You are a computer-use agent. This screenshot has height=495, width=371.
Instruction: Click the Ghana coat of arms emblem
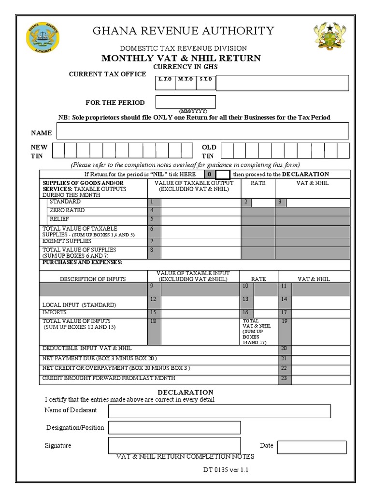(x=330, y=38)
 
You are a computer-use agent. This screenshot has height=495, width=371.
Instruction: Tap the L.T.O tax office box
(x=165, y=83)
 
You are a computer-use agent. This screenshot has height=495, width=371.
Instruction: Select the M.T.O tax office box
(x=185, y=83)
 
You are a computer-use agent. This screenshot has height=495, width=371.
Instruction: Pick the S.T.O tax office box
(x=205, y=83)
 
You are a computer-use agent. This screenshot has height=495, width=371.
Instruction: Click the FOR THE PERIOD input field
(x=185, y=102)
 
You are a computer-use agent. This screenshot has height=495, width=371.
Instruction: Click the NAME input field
(x=203, y=131)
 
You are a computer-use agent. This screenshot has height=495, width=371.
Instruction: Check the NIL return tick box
(x=222, y=175)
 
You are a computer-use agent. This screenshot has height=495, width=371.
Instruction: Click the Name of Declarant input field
(x=219, y=411)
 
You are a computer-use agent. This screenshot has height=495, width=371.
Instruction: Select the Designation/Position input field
(x=174, y=427)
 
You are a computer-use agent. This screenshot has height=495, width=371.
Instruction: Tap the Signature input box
(x=174, y=445)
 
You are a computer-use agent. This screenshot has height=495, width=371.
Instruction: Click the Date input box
(x=312, y=447)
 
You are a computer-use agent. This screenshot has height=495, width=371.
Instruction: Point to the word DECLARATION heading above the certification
(x=185, y=392)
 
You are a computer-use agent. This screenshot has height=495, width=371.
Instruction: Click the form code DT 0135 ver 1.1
(x=226, y=470)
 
